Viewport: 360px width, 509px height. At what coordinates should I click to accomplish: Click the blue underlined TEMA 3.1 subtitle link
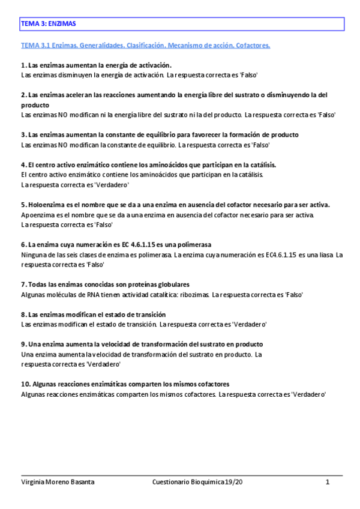[145, 45]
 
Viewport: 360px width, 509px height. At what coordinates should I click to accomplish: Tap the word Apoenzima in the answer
[37, 214]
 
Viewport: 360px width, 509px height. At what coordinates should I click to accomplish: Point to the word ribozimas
[192, 295]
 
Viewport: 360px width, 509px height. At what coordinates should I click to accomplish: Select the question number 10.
[25, 384]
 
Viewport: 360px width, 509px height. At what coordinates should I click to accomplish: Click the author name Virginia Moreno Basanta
[58, 482]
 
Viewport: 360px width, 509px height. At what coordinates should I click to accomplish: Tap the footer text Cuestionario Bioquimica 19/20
[190, 482]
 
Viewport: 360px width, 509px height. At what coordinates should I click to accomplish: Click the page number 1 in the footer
[328, 482]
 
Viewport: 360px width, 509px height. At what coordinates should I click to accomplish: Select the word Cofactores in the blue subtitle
[253, 45]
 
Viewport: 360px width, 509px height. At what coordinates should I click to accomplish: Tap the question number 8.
[23, 315]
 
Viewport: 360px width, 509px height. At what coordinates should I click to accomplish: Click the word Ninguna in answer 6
[33, 254]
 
